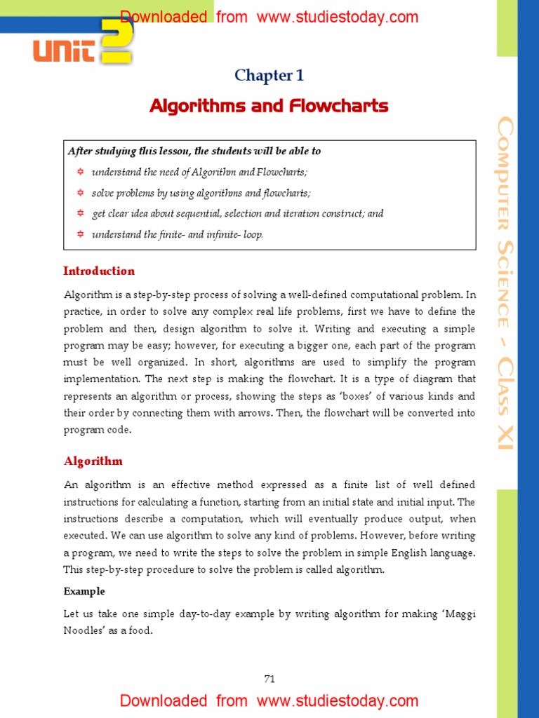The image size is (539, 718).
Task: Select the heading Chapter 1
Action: (269, 76)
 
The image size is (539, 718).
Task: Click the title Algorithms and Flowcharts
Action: (269, 106)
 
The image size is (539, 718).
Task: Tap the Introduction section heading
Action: (99, 271)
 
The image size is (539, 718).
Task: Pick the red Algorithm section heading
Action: (93, 461)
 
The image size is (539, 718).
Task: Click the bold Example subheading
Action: (84, 591)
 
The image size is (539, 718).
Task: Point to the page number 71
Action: (269, 678)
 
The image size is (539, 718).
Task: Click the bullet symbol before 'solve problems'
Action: (80, 193)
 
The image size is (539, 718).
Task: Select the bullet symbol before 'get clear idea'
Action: (80, 213)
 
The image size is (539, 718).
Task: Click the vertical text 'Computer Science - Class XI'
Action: (505, 284)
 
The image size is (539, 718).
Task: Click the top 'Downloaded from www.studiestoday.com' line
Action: (269, 17)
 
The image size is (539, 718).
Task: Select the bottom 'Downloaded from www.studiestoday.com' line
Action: (269, 700)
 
